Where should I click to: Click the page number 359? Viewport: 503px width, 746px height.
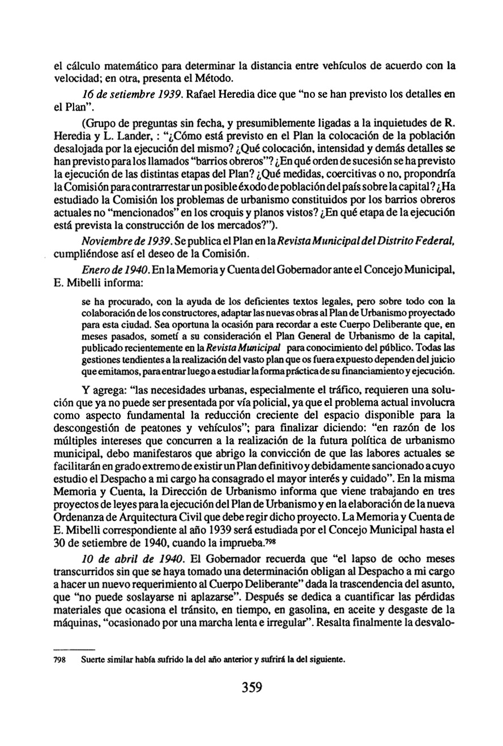point(252,688)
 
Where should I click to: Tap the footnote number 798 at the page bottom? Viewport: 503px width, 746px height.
point(59,660)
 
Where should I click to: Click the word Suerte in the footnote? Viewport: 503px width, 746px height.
point(94,660)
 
